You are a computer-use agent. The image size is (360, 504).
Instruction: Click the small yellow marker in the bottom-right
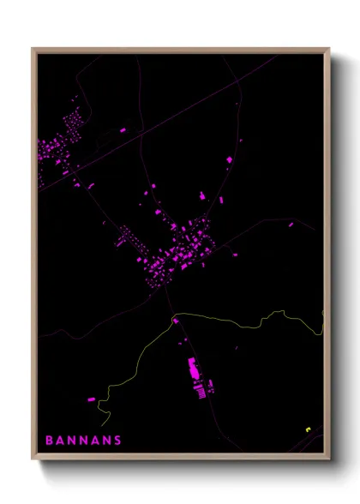click(x=307, y=429)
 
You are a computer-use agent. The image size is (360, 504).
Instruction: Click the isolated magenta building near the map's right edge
click(x=291, y=225)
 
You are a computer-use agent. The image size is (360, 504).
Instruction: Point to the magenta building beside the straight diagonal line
click(x=123, y=130)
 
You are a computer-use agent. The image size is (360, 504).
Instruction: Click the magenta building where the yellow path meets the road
click(x=175, y=321)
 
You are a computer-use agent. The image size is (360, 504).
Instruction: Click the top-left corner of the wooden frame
click(x=33, y=48)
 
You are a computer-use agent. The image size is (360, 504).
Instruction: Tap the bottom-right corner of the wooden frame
click(x=330, y=459)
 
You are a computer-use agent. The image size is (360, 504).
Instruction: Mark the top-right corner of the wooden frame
click(x=330, y=48)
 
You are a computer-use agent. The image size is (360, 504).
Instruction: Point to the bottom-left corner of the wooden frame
click(x=33, y=459)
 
